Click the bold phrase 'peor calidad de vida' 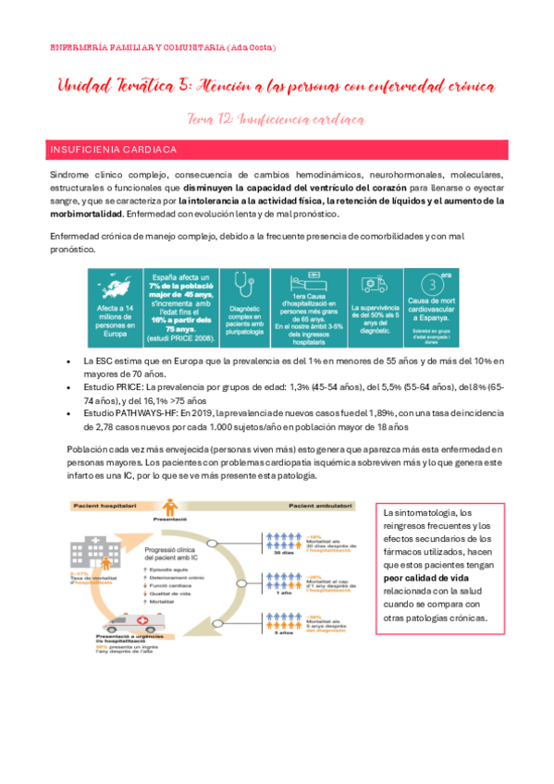coord(423,577)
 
